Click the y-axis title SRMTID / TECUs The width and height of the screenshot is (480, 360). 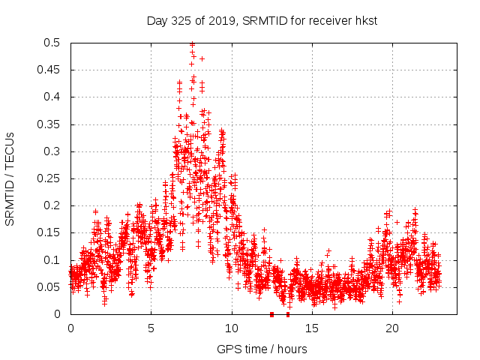pos(10,178)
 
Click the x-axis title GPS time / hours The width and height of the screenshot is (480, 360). pos(262,349)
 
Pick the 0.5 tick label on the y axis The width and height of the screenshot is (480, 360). pos(54,43)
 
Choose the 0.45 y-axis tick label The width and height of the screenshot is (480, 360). pos(51,70)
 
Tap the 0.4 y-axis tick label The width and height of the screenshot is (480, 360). pos(54,97)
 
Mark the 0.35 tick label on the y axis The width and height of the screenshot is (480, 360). pos(51,124)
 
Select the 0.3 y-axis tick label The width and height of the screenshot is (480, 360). pos(54,151)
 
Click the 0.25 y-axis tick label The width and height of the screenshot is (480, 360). pos(51,178)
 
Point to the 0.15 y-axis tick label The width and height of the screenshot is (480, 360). pos(51,232)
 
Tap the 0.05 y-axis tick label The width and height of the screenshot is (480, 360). pos(51,287)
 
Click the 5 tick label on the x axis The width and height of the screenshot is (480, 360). pos(151,328)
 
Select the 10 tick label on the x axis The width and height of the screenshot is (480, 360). pos(232,328)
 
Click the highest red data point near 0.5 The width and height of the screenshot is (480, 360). pos(192,44)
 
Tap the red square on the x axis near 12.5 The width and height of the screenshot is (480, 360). pos(271,314)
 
